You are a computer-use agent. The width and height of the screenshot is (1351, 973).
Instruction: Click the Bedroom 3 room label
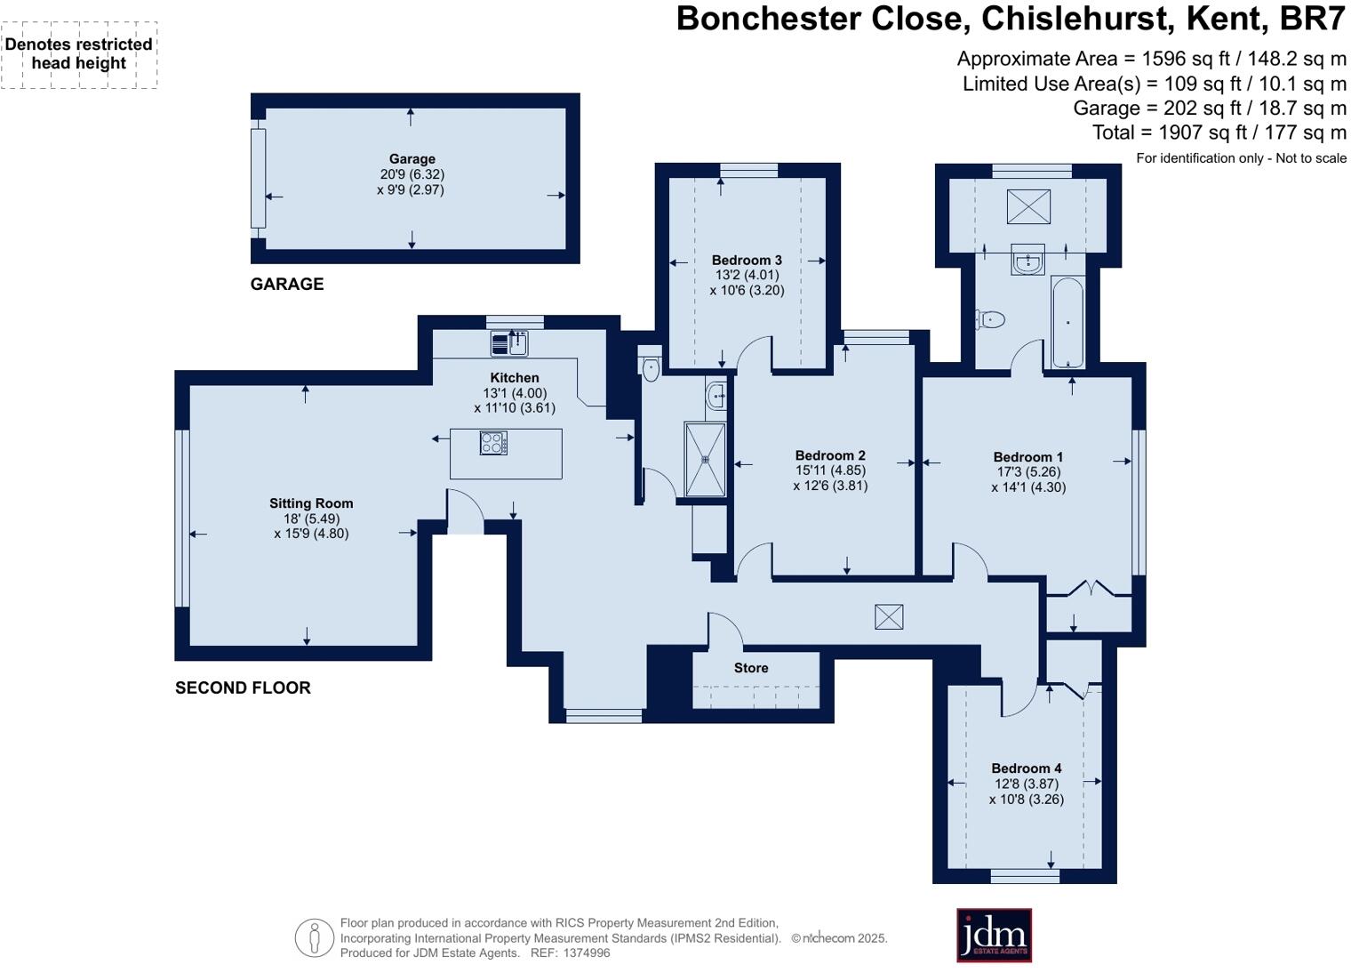[x=747, y=261]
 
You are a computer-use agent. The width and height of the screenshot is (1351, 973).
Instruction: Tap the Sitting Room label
[x=311, y=503]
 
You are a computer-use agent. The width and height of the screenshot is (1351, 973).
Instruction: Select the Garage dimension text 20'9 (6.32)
[x=412, y=174]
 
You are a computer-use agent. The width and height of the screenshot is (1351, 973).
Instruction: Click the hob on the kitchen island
[x=493, y=443]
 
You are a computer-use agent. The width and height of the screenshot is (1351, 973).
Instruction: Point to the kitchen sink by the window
[x=509, y=343]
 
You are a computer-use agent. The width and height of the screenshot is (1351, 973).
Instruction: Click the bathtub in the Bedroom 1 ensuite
[x=1067, y=322]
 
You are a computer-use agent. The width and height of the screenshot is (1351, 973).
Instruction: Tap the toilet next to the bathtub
[x=990, y=318]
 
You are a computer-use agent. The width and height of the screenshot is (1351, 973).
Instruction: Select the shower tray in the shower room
[x=706, y=459]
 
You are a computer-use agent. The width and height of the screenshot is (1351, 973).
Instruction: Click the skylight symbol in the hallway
[x=889, y=616]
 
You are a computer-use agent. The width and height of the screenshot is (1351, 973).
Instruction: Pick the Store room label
[x=751, y=668]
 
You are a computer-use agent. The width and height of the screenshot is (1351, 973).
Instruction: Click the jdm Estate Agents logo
[x=994, y=935]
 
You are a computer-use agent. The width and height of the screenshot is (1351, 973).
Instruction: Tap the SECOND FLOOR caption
[x=243, y=688]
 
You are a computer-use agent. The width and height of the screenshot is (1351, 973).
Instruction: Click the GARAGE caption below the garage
[x=286, y=284]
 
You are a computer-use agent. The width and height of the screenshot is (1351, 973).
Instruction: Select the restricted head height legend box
[x=79, y=54]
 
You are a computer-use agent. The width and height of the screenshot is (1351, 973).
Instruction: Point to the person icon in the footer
[x=314, y=938]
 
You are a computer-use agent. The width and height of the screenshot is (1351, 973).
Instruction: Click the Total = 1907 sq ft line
[x=1219, y=133]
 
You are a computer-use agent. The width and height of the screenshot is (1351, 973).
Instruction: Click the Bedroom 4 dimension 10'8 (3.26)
[x=1026, y=800]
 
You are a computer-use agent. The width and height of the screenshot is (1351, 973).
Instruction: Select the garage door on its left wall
[x=258, y=178]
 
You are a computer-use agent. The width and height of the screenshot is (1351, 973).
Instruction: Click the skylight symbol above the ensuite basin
[x=1028, y=207]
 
